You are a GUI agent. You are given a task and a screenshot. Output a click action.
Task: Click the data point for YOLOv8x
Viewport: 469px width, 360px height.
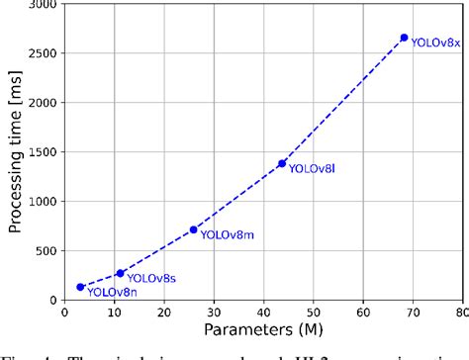coord(404,38)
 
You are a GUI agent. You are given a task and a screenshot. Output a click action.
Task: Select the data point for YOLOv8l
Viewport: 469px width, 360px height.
coord(282,163)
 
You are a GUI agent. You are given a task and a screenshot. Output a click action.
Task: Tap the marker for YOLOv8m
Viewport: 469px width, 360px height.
coord(194,229)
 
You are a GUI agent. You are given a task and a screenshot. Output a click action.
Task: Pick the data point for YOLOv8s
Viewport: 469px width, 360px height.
coord(121,273)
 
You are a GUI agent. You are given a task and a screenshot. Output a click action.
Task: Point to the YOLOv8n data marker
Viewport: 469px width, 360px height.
coord(80,287)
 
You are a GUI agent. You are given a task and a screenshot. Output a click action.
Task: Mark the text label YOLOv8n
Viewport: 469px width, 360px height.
coord(111,292)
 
